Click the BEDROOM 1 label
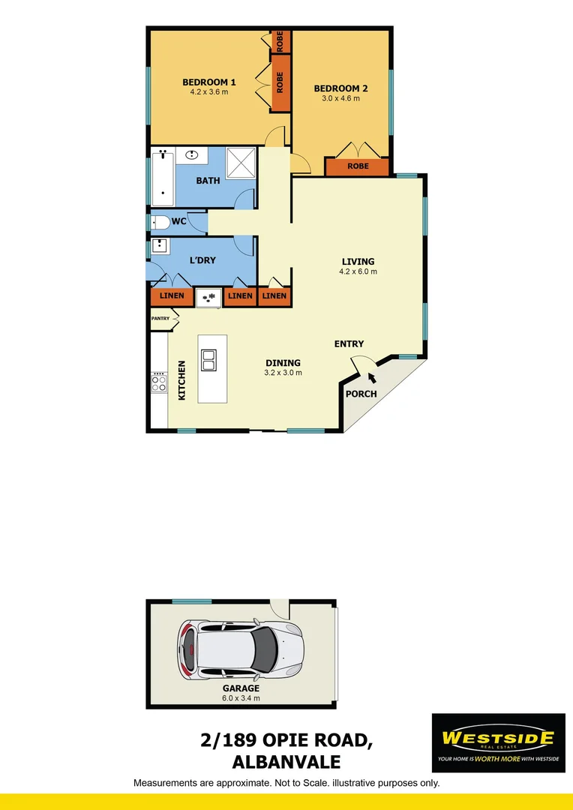[209, 82]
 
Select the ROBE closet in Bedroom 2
[358, 166]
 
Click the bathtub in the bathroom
[163, 178]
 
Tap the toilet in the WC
[160, 222]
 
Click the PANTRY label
[160, 319]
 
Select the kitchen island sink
[208, 360]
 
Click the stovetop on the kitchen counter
[159, 382]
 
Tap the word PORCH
[361, 394]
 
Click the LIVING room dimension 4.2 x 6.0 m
[358, 271]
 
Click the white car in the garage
[240, 649]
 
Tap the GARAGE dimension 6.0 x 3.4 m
[241, 697]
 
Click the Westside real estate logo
[498, 742]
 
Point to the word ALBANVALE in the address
[286, 762]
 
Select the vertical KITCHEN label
[181, 381]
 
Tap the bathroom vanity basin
[192, 156]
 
